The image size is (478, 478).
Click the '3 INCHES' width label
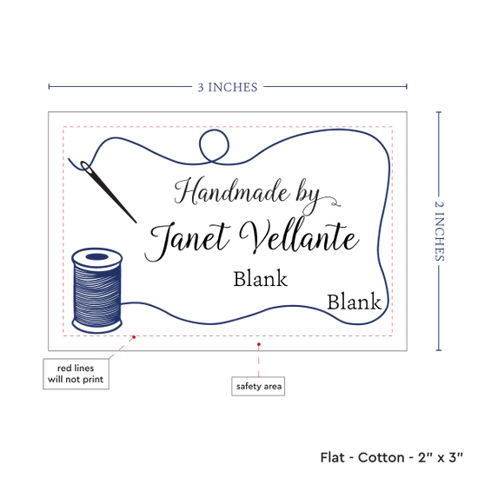[x=228, y=87]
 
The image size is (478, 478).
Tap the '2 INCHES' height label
[x=439, y=231]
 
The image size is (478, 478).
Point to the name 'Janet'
[x=187, y=240]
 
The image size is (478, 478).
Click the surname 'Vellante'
[x=299, y=236]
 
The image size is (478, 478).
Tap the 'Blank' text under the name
[x=261, y=279]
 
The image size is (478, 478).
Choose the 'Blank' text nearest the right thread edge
[x=354, y=302]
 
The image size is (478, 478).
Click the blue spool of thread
[x=97, y=290]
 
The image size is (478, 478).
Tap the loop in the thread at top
[x=214, y=145]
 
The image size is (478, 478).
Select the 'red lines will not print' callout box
[x=76, y=374]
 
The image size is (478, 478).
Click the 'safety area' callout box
[x=258, y=386]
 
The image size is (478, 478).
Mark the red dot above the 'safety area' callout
[x=259, y=344]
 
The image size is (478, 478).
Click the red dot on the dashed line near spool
[x=134, y=337]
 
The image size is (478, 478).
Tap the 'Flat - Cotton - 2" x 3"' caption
[x=391, y=457]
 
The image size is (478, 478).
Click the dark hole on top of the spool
[x=97, y=257]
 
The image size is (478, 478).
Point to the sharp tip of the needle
[x=136, y=222]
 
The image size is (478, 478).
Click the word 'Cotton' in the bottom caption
[x=381, y=457]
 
